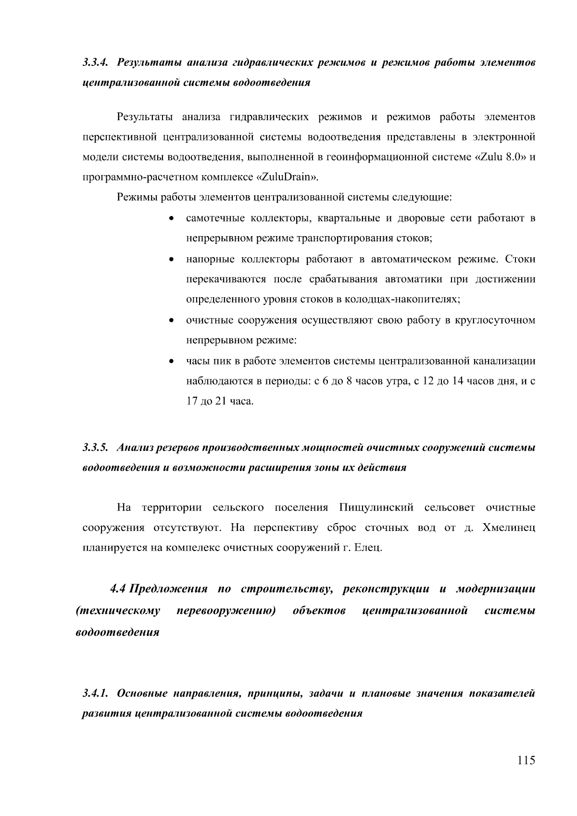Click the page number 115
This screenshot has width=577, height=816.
[526, 760]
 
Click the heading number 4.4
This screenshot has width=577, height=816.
[118, 589]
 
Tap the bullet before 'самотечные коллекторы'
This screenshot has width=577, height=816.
[171, 219]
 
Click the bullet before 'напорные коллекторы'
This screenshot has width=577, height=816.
[171, 260]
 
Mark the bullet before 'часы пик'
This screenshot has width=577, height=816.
[171, 361]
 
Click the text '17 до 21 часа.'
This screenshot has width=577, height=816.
[220, 401]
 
